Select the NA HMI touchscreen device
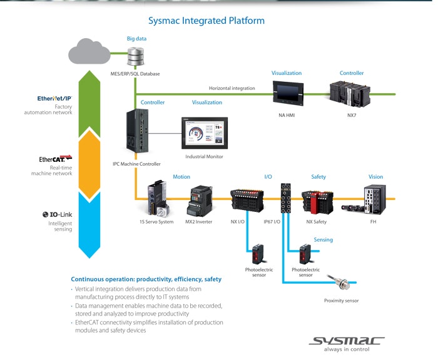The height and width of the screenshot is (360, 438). [x=290, y=94]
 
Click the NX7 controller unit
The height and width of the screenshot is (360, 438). [x=351, y=94]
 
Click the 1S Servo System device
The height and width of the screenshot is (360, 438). [x=157, y=199]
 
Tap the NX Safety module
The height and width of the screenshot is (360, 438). [x=318, y=199]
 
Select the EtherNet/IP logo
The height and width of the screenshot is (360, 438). [x=55, y=98]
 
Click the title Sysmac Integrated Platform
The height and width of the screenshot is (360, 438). [x=206, y=21]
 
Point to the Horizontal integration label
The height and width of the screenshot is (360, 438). [x=232, y=88]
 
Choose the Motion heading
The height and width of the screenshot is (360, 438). [x=181, y=177]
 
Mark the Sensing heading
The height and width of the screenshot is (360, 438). [x=323, y=239]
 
